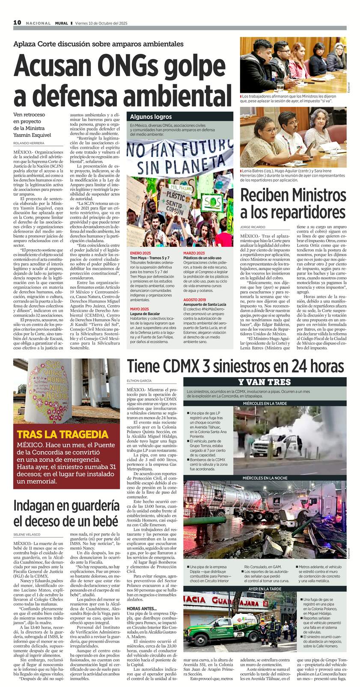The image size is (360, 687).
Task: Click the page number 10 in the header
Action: pos(17,22)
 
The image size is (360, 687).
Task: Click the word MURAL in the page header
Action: pos(62,23)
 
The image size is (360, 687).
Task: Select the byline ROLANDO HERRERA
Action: pos(29,143)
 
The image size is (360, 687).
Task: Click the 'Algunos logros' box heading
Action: pos(145,116)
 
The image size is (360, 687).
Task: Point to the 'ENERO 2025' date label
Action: pos(141,253)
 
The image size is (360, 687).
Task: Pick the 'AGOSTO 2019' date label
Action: pos(195,299)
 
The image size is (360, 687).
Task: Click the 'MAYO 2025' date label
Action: pos(140,309)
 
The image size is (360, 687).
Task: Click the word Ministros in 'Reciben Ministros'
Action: pos(318,196)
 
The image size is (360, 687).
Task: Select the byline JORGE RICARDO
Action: pos(253,227)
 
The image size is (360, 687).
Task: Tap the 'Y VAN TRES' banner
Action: pos(264,382)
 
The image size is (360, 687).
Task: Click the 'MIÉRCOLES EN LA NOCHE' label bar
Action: pos(265,478)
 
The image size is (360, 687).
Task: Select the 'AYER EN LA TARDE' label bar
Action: pos(265,589)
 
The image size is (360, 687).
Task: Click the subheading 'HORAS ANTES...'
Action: pos(142,608)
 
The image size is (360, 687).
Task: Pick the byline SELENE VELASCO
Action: pos(27,535)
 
